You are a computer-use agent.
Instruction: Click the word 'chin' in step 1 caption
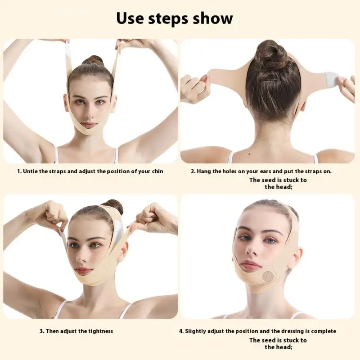[156, 171]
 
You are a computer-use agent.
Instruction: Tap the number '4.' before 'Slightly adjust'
[181, 331]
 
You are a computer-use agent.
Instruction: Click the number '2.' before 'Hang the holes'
[193, 171]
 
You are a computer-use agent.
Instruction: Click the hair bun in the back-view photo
[270, 53]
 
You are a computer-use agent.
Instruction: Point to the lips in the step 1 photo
[89, 125]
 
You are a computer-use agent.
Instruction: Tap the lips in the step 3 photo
[84, 270]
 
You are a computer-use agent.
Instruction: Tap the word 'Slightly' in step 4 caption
[197, 331]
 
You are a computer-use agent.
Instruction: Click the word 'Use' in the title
[130, 19]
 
